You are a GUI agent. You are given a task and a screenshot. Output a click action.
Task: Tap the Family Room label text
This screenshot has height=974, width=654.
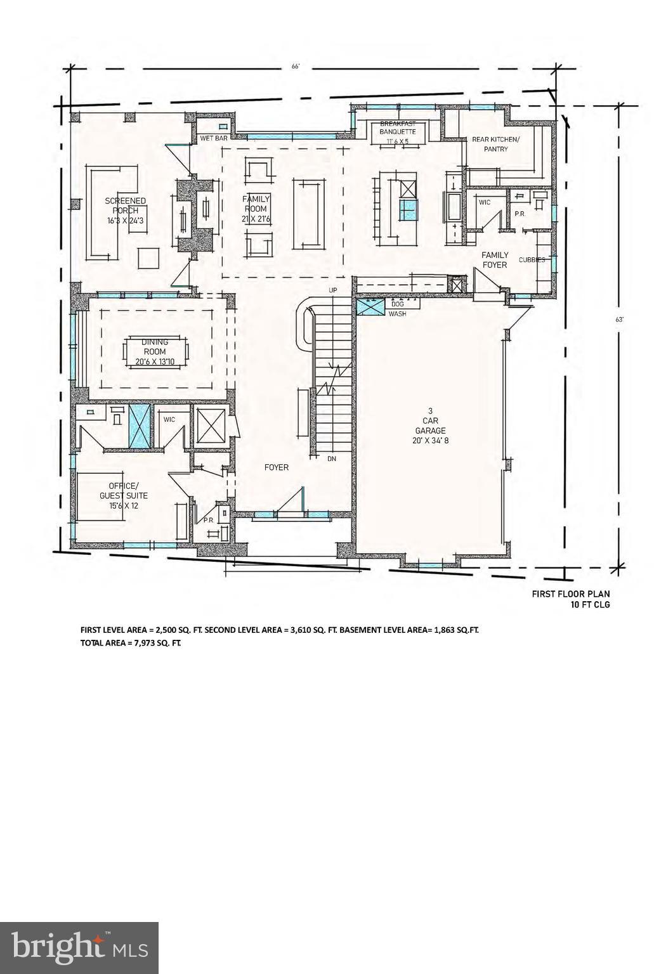point(256,209)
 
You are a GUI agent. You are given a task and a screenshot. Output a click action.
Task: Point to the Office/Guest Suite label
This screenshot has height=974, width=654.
point(124,496)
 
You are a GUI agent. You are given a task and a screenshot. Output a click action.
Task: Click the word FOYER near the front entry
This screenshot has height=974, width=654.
point(277,467)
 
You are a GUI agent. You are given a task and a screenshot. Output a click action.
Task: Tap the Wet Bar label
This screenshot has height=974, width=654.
point(213,138)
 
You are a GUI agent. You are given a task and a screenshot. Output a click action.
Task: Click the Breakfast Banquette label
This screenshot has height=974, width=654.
point(398,127)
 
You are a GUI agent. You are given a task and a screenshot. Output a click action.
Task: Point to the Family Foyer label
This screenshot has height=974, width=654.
point(495,260)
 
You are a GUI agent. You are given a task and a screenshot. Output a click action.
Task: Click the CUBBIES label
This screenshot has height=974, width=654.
point(532,260)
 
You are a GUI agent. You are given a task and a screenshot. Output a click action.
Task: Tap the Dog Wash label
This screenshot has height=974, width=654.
point(397,309)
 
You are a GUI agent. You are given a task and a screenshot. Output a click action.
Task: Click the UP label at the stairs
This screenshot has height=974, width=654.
point(332,290)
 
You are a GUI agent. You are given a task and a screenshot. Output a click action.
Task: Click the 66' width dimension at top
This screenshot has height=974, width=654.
point(295,66)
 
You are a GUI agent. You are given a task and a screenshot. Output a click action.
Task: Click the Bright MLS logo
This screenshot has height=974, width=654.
point(79,947)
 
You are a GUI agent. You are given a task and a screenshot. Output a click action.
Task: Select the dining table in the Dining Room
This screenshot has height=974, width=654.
point(156,352)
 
